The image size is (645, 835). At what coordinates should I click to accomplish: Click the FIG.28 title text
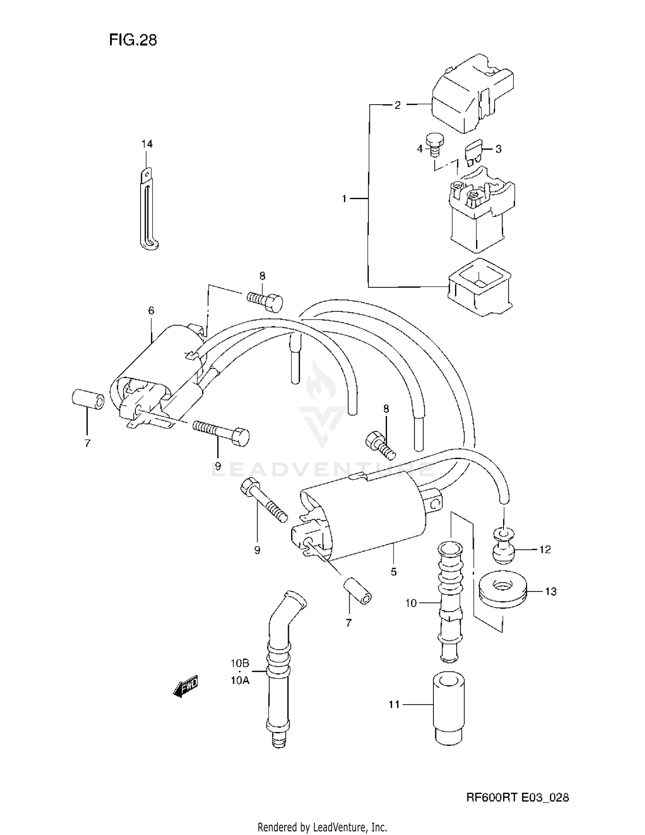[x=133, y=40]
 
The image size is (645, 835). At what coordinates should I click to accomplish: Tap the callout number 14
[x=147, y=144]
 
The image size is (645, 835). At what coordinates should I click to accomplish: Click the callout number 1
[x=344, y=199]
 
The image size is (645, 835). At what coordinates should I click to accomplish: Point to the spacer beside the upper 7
[x=88, y=399]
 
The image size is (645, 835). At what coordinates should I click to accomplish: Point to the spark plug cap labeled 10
[x=449, y=602]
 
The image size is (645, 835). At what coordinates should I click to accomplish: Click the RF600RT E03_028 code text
[x=517, y=798]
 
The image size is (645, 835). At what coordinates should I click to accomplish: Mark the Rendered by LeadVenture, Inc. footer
[x=322, y=827]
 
